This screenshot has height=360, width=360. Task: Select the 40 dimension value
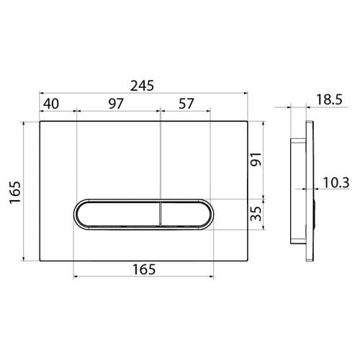50,103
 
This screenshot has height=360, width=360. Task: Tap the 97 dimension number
114,103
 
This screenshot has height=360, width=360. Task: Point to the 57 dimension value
186,103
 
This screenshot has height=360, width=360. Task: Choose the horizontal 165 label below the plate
145,269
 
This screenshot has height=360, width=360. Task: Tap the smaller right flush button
184,214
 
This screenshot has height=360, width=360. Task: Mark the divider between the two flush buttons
159,214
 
